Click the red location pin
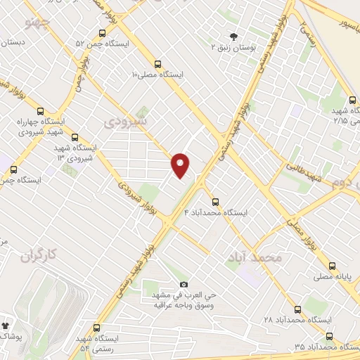tap(181, 165)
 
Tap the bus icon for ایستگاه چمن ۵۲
tap(103, 33)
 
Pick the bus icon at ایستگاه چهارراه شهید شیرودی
tap(39, 112)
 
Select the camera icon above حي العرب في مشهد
tap(184, 283)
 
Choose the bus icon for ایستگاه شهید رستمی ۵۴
tap(96, 328)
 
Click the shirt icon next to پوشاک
tap(6, 327)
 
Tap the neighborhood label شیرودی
tap(126, 122)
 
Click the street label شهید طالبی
tap(304, 169)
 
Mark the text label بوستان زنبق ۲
tap(233, 47)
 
